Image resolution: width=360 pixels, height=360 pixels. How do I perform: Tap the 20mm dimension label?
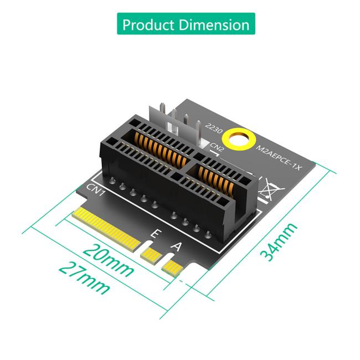pyautogui.click(x=109, y=259)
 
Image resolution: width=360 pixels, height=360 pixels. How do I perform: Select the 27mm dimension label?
pyautogui.click(x=85, y=279)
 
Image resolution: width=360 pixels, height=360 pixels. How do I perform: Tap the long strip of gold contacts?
pyautogui.click(x=106, y=228)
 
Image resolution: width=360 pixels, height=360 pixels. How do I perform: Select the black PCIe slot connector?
pyautogui.click(x=166, y=166)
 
